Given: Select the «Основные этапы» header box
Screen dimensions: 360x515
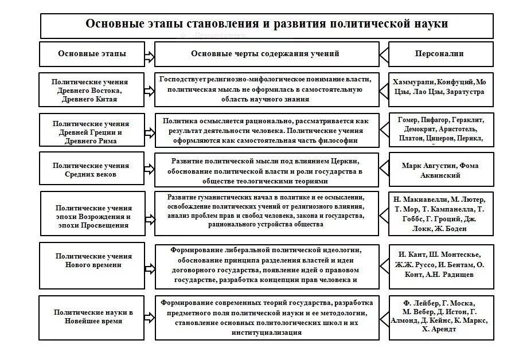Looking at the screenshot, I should coord(92,54).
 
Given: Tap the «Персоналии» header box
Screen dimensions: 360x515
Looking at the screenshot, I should coord(440,54).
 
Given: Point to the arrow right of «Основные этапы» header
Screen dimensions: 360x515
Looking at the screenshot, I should coord(149,56).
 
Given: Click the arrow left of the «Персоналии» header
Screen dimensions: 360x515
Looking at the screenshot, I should coord(384,56).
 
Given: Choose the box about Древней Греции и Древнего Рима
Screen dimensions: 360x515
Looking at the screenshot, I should coord(92,132).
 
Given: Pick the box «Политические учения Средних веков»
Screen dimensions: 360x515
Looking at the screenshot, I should coord(91,170).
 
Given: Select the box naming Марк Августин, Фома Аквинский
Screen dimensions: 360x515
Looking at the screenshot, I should coord(440,170).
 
